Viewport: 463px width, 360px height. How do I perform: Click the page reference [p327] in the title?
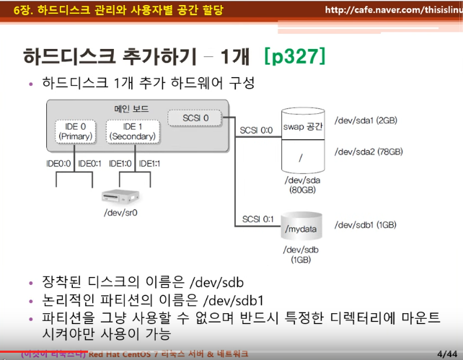pos(295,56)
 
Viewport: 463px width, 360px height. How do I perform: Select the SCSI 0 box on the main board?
pos(197,117)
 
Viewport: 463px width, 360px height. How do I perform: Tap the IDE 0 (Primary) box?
pos(74,131)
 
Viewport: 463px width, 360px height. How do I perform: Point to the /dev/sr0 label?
pos(120,213)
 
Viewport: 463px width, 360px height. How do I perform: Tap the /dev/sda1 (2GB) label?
pos(366,120)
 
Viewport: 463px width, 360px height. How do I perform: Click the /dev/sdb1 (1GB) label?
pos(366,224)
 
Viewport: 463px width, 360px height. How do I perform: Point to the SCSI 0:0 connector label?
pos(257,131)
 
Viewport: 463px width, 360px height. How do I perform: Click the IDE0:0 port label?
pos(58,163)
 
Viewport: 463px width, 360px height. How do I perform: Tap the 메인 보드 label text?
pos(131,107)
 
